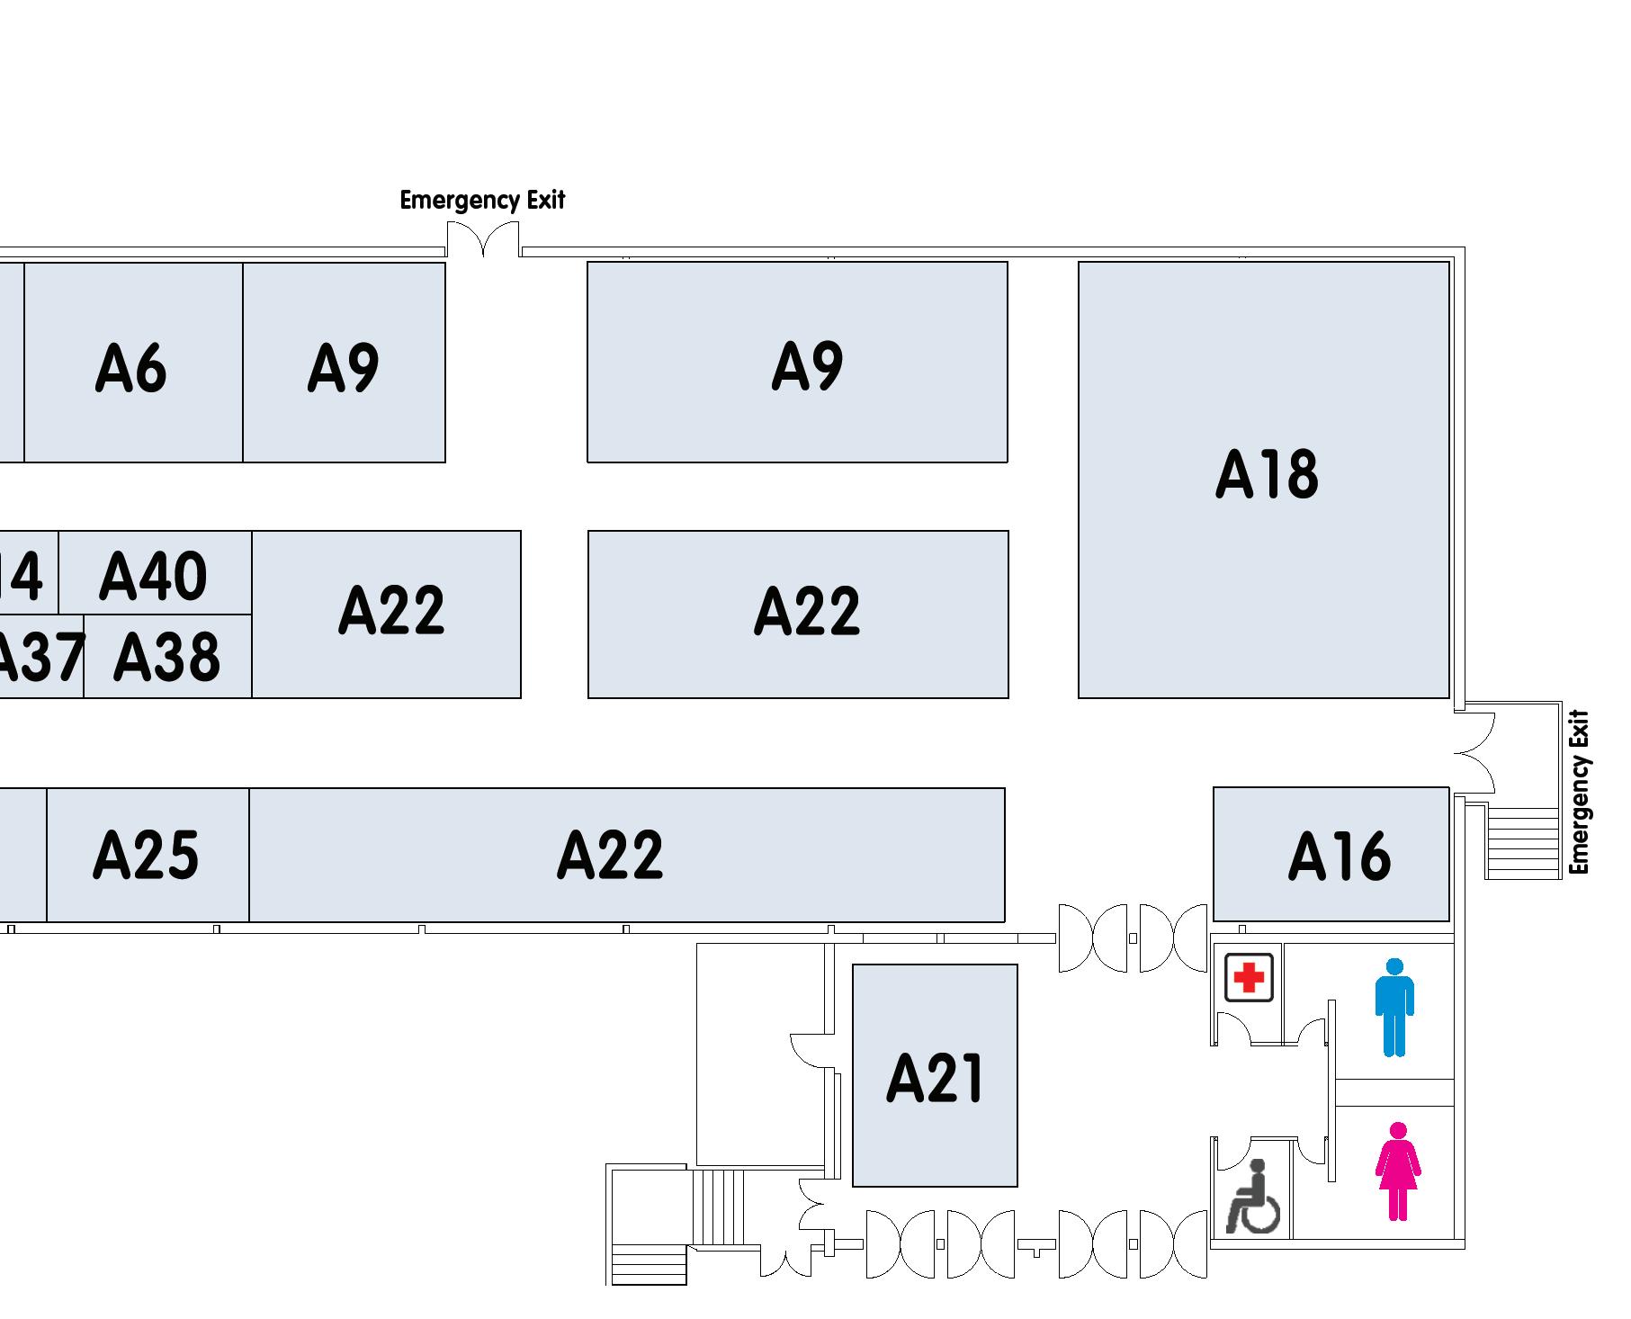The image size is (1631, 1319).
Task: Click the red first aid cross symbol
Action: [x=1249, y=977]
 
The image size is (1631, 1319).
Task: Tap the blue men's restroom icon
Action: [x=1394, y=1007]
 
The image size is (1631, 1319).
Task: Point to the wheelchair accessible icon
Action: [x=1251, y=1197]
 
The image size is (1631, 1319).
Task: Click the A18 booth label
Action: [x=1266, y=474]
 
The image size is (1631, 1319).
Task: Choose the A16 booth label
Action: [x=1339, y=856]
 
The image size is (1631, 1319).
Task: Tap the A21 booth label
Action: [x=935, y=1078]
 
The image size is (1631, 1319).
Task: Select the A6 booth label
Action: [x=130, y=368]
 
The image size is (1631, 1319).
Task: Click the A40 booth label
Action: [x=153, y=576]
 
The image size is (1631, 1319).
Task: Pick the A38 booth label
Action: [x=166, y=657]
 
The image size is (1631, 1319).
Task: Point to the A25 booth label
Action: [x=146, y=854]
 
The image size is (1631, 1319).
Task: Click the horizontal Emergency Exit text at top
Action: [x=482, y=200]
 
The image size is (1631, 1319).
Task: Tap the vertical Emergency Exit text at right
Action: [x=1580, y=792]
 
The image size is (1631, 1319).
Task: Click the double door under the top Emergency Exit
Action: [x=483, y=239]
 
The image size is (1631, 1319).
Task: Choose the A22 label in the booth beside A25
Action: [x=610, y=854]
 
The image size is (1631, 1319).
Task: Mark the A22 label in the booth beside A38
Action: [x=391, y=610]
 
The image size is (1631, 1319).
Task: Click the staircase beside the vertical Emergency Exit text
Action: [x=1522, y=842]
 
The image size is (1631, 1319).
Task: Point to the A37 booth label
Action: [x=40, y=657]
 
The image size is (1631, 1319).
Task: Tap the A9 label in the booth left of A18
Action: [x=807, y=366]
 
